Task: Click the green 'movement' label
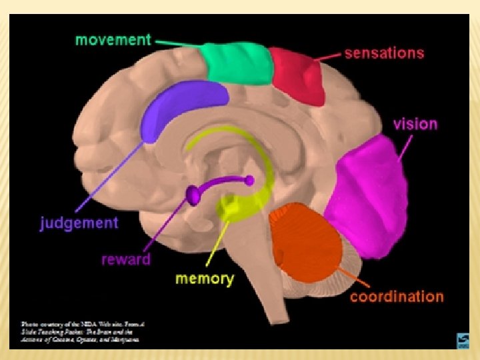coord(113,39)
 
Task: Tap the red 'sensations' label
coord(384,53)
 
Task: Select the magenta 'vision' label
coord(415,124)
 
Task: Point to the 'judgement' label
coord(79,223)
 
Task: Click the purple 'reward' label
coord(126,259)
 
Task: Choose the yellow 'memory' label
coord(205,278)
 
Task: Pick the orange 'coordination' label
coord(397,297)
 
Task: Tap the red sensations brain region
coord(297,75)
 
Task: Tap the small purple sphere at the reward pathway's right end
coord(249,180)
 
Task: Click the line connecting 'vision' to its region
coord(405,147)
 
